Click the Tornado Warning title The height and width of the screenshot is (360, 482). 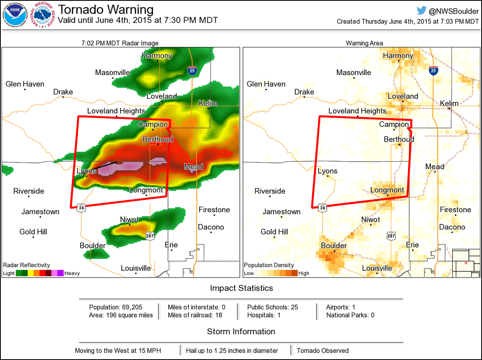click(106, 10)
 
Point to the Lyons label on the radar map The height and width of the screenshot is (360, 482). click(86, 171)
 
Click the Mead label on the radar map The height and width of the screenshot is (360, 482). click(193, 167)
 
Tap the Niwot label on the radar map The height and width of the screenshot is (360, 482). click(129, 220)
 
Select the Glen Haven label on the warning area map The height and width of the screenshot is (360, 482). click(266, 84)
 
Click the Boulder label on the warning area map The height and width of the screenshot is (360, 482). click(333, 246)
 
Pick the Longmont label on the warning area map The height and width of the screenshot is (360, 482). click(387, 190)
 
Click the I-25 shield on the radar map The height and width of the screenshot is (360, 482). click(192, 71)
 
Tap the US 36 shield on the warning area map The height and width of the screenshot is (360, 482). click(323, 207)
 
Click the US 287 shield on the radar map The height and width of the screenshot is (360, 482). click(150, 236)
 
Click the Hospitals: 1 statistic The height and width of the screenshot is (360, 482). click(263, 315)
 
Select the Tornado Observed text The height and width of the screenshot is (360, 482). click(323, 350)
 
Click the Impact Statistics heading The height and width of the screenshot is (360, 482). click(241, 288)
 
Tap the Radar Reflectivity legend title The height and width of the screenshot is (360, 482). click(27, 265)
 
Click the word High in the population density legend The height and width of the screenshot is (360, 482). click(304, 273)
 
